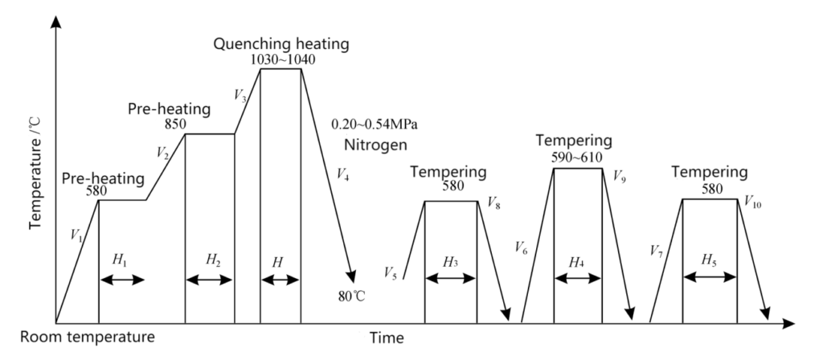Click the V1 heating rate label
[x=76, y=235]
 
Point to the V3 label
[x=240, y=96]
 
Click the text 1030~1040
[x=283, y=59]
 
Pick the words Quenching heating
[x=280, y=44]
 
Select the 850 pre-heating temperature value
[x=175, y=125]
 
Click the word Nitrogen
[x=376, y=145]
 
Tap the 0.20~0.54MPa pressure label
[x=375, y=125]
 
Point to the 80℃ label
[x=352, y=296]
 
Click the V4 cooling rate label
[x=342, y=175]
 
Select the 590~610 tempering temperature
[x=577, y=158]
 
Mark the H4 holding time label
[x=577, y=263]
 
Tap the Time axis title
[x=387, y=338]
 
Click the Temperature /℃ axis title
[x=35, y=174]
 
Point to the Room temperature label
[x=88, y=337]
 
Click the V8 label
[x=494, y=202]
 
